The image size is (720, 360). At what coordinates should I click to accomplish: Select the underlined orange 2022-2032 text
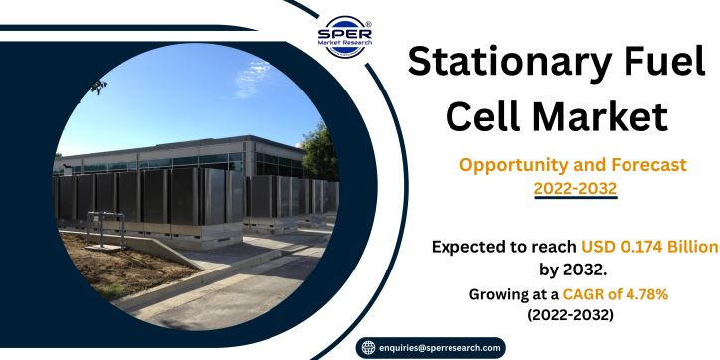tap(575, 189)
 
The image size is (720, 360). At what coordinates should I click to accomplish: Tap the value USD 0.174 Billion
tap(649, 247)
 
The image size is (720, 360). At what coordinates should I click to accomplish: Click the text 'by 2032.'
tap(573, 270)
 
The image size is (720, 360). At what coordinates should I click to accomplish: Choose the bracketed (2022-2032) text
tap(570, 316)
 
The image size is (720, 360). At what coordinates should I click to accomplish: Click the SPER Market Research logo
tap(345, 37)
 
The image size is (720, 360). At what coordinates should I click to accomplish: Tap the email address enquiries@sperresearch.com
tap(440, 348)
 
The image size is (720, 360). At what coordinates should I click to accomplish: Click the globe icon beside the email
tap(368, 348)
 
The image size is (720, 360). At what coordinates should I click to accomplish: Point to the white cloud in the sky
tap(253, 78)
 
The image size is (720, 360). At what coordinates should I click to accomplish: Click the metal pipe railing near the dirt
tap(105, 228)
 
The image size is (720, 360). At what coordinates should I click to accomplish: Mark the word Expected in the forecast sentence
tap(464, 248)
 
